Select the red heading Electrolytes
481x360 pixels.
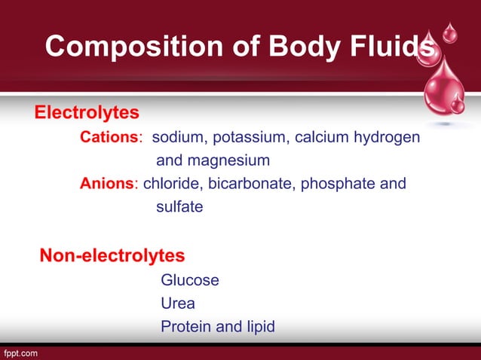[87, 113]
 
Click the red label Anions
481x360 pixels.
[107, 183]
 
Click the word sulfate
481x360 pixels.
[179, 206]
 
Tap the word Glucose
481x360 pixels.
[190, 280]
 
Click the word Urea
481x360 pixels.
[178, 304]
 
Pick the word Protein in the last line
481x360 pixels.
[186, 327]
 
